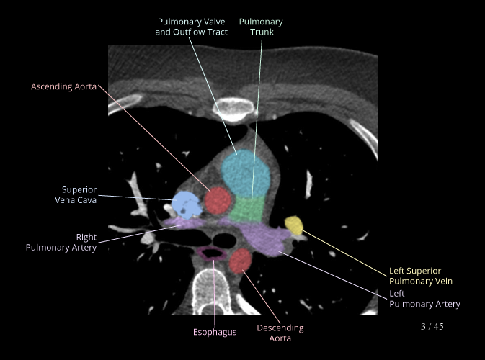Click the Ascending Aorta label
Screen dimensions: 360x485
click(x=63, y=86)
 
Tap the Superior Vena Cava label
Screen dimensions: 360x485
click(x=79, y=194)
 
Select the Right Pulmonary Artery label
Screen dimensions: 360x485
click(x=61, y=242)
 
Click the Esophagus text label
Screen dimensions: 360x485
click(x=215, y=332)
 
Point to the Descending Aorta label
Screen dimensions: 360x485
click(x=280, y=333)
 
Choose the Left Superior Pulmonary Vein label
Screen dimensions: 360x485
click(x=421, y=276)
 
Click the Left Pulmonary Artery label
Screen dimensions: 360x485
click(x=424, y=299)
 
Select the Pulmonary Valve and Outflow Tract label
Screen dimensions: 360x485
click(x=192, y=27)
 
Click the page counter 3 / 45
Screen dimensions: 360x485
click(x=432, y=326)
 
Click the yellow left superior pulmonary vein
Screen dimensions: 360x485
click(x=294, y=225)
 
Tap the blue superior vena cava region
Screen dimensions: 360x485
click(x=184, y=205)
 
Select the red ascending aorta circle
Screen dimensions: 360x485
click(x=217, y=199)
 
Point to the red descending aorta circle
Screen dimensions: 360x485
click(x=241, y=261)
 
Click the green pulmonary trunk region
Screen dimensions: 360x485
click(x=249, y=210)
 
